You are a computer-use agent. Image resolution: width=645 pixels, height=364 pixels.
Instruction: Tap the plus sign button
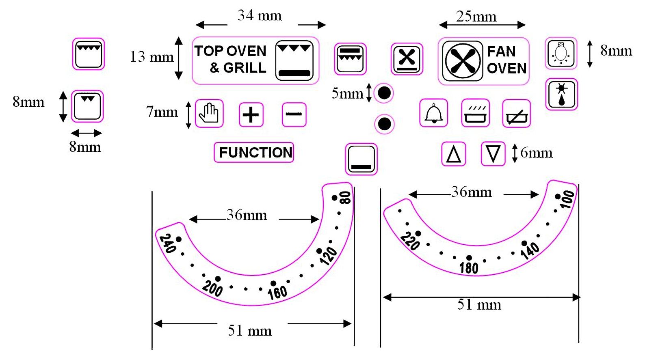(x=251, y=114)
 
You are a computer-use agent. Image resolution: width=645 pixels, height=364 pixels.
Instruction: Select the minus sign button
(x=294, y=114)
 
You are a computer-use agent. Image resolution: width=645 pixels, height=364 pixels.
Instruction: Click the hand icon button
(x=209, y=113)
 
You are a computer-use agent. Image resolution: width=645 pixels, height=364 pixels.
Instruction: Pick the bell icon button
(x=434, y=113)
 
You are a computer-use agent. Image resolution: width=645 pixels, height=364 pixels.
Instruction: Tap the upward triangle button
(x=454, y=154)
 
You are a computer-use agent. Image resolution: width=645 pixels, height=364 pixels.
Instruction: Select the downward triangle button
(x=493, y=154)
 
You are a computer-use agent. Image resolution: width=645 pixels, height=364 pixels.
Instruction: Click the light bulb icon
(x=561, y=53)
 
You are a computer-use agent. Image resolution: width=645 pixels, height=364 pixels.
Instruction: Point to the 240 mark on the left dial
(x=168, y=243)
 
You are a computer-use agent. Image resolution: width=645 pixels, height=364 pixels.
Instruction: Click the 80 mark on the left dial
(x=345, y=198)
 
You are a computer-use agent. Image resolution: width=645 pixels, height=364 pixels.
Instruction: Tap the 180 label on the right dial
(x=469, y=268)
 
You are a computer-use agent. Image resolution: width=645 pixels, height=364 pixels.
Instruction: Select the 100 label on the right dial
(x=567, y=199)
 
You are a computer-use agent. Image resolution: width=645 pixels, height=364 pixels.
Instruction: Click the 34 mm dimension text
(x=260, y=15)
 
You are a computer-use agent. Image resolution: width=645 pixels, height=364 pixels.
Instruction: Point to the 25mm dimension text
(x=476, y=17)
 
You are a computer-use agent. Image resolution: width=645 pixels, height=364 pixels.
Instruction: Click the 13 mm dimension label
(x=152, y=57)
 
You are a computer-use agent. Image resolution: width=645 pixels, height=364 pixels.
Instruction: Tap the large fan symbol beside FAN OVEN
(x=463, y=61)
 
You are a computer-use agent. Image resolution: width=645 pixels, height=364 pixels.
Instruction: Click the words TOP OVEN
(x=230, y=51)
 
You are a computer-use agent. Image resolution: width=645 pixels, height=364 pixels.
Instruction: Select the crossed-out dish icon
(x=517, y=113)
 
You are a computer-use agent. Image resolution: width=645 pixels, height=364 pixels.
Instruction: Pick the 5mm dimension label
(x=348, y=93)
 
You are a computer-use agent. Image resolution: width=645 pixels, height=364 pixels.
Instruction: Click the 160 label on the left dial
(x=277, y=293)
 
